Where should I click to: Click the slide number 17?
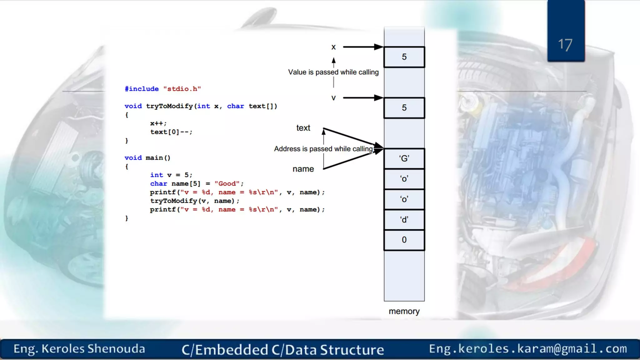pos(565,45)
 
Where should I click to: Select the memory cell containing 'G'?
pos(404,158)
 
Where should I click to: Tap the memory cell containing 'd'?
pos(404,220)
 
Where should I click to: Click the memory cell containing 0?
pos(404,240)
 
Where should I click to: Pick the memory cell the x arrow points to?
pos(404,57)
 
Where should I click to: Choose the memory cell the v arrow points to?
pos(404,108)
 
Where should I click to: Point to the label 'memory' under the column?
pos(404,311)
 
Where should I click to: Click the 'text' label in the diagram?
pos(303,128)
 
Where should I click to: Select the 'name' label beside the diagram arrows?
pos(303,169)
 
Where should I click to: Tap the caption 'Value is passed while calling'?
pos(333,72)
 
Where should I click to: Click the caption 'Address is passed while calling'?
pos(323,149)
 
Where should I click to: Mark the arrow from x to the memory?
pos(362,47)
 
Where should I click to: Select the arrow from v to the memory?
pos(362,98)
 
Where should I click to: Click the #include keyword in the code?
pos(142,89)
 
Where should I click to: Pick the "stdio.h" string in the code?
pos(182,89)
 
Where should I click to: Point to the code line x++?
pos(158,123)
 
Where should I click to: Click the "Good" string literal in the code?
pos(227,183)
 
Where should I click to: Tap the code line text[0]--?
pos(171,132)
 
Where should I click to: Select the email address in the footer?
pos(528,349)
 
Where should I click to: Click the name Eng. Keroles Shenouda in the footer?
pos(79,349)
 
